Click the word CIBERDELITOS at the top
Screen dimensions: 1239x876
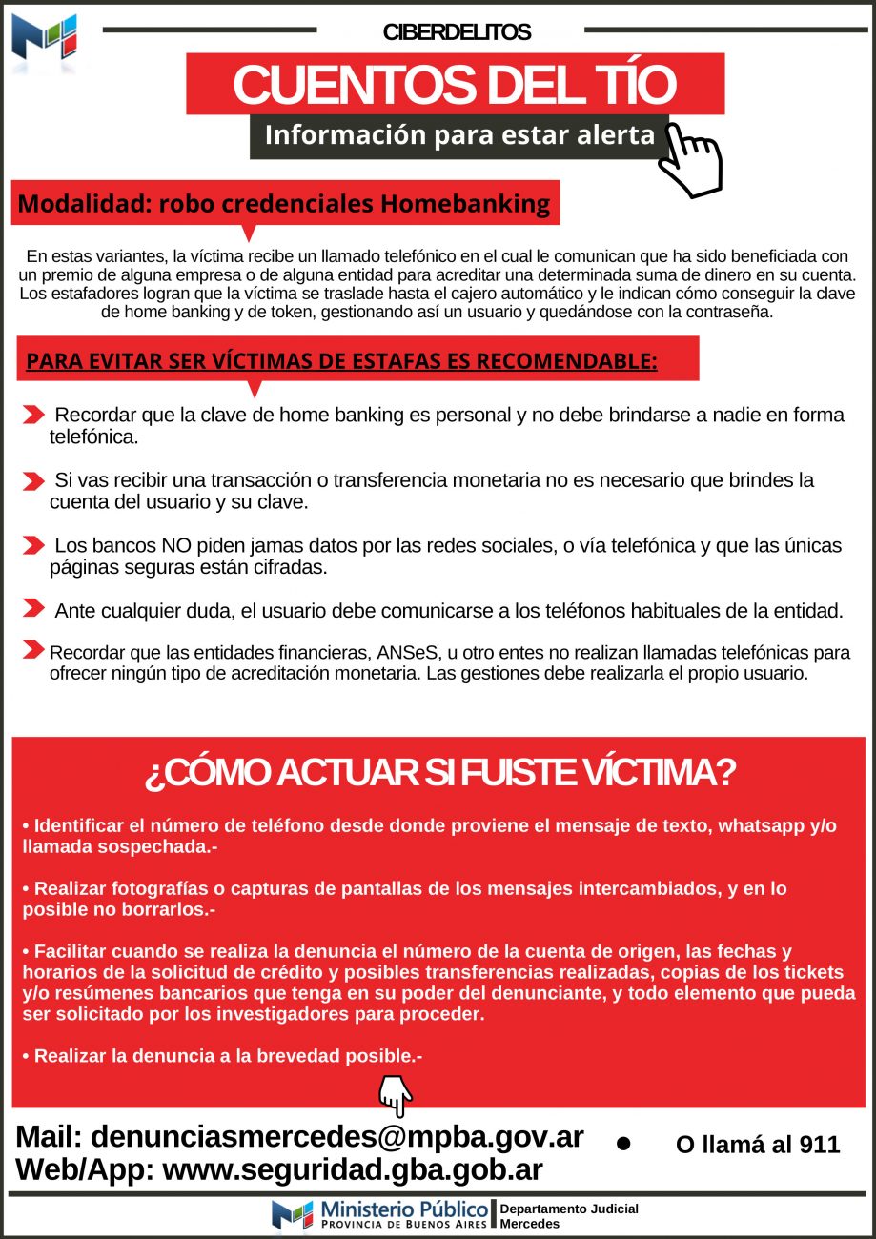pyautogui.click(x=457, y=32)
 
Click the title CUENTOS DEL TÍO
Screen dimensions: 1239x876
pyautogui.click(x=454, y=85)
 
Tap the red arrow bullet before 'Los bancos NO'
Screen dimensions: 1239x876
pyautogui.click(x=33, y=545)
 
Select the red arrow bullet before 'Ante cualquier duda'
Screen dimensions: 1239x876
pyautogui.click(x=33, y=608)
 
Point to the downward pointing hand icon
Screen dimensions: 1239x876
pyautogui.click(x=396, y=1095)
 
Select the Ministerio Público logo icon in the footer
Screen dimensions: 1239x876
pyautogui.click(x=293, y=1214)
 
